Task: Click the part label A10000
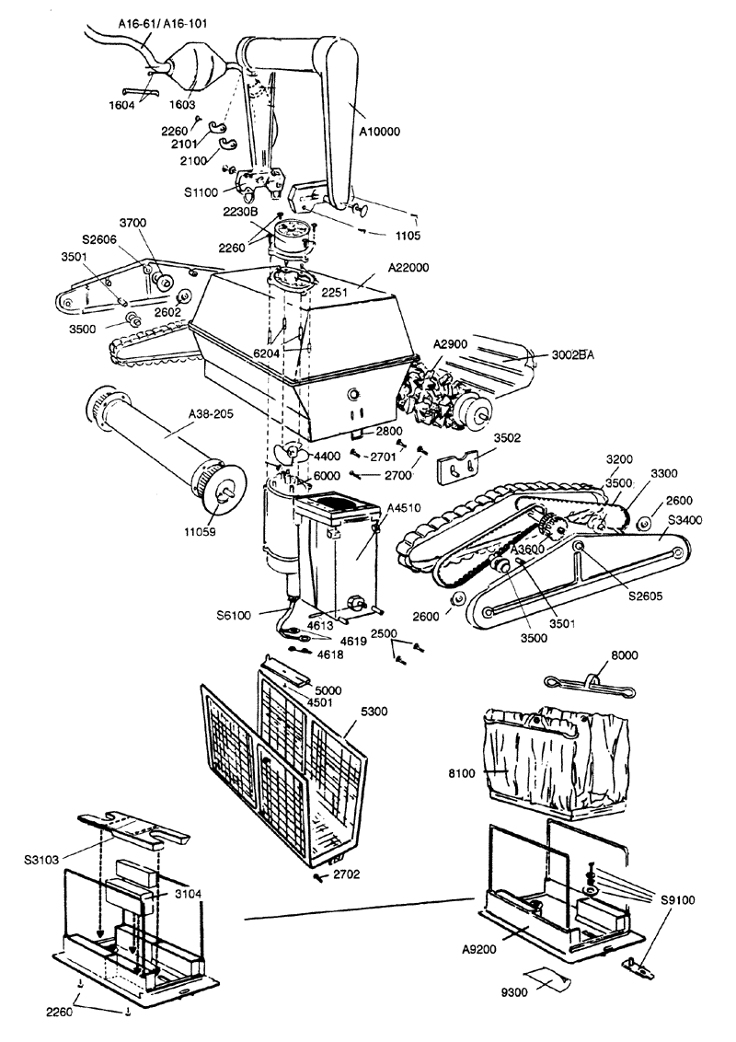(380, 132)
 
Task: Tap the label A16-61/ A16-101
(163, 24)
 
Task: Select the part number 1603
(182, 104)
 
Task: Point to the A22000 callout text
(408, 268)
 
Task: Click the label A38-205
(212, 414)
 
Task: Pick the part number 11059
(200, 532)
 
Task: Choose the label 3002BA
(572, 355)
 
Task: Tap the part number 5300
(374, 712)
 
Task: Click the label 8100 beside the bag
(462, 773)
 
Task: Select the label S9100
(677, 900)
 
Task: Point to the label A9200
(479, 950)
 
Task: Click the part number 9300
(514, 992)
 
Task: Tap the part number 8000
(625, 655)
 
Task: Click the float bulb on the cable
(195, 65)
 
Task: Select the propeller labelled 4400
(290, 455)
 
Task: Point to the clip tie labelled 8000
(589, 685)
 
